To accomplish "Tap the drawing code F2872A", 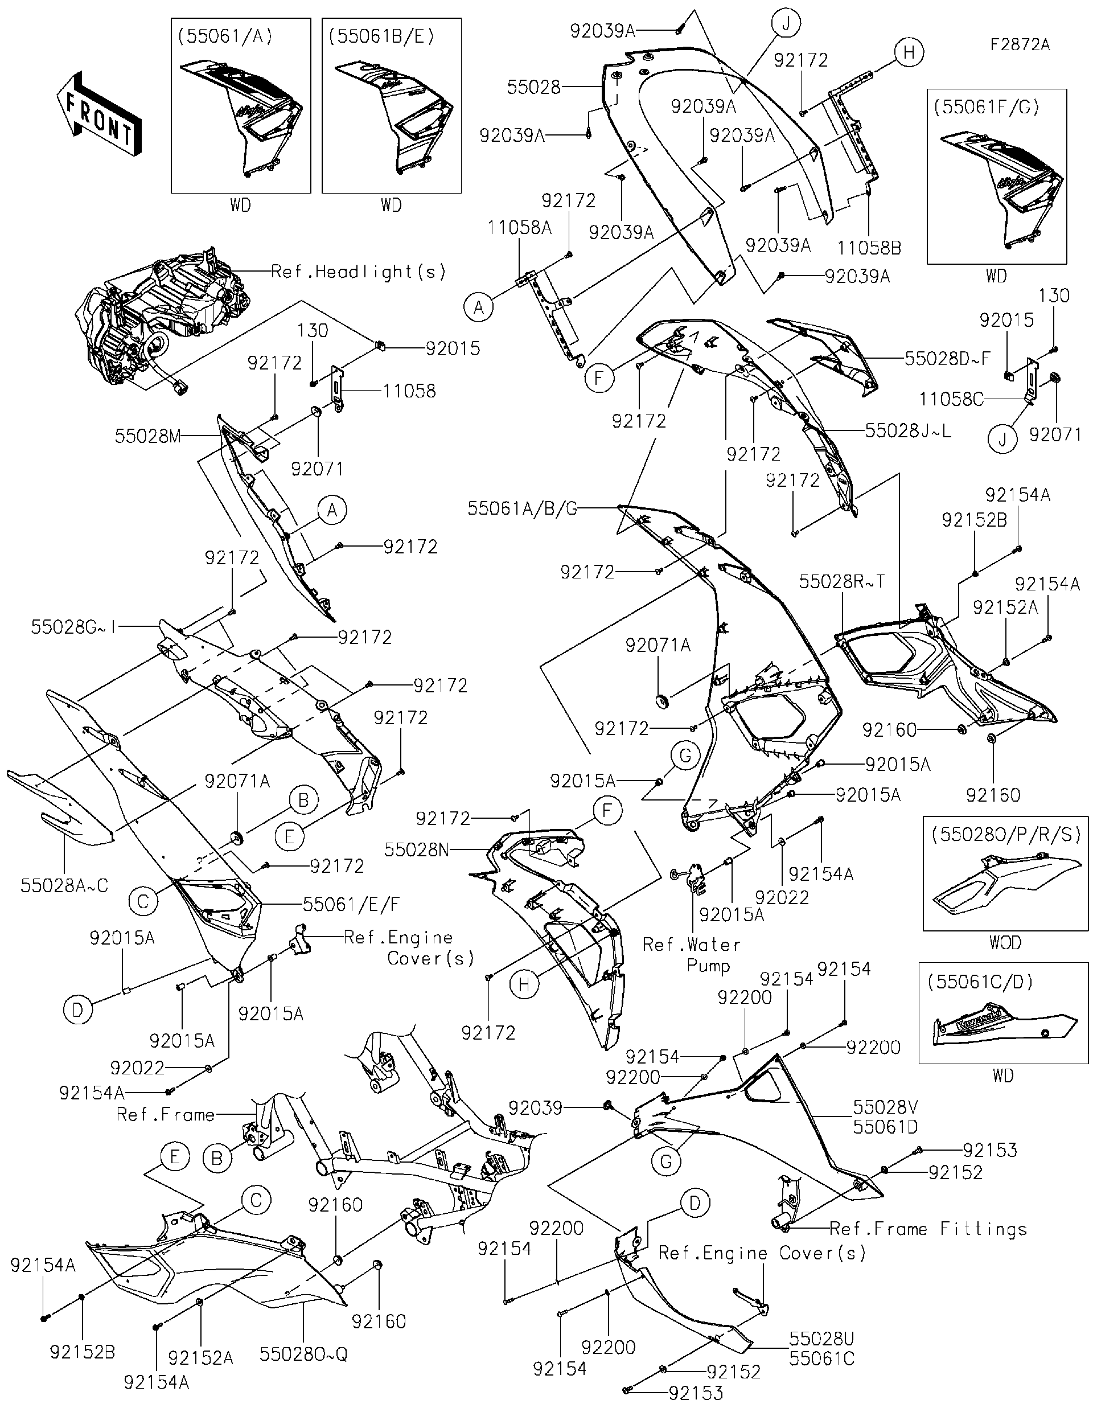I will point(1020,44).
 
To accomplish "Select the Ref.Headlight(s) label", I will point(358,272).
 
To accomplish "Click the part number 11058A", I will point(519,228).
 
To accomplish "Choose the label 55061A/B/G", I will point(522,509).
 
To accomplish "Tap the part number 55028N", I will point(416,849).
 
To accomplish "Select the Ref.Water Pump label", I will point(692,955).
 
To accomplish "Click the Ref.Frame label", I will point(166,1115).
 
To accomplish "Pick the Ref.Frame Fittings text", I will point(928,1229).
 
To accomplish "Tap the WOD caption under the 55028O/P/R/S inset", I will point(1004,943).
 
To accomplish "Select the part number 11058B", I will point(869,248).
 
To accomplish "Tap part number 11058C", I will point(951,400).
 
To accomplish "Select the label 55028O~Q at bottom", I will point(303,1354).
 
